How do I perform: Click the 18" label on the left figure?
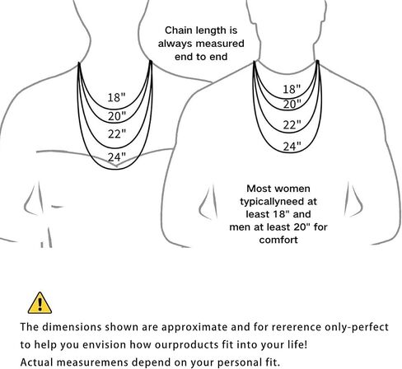coord(116,97)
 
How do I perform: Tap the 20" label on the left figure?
coord(117,116)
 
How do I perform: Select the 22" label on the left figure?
coord(117,134)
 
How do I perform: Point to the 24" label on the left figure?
coord(117,157)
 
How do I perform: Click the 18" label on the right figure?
coord(292,89)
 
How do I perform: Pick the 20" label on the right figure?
coord(292,105)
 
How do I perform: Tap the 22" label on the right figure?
coord(292,125)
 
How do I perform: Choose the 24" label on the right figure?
coord(292,147)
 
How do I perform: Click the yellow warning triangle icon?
coord(40,303)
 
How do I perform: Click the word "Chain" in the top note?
coord(175,30)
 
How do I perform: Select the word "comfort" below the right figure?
coord(278,240)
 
